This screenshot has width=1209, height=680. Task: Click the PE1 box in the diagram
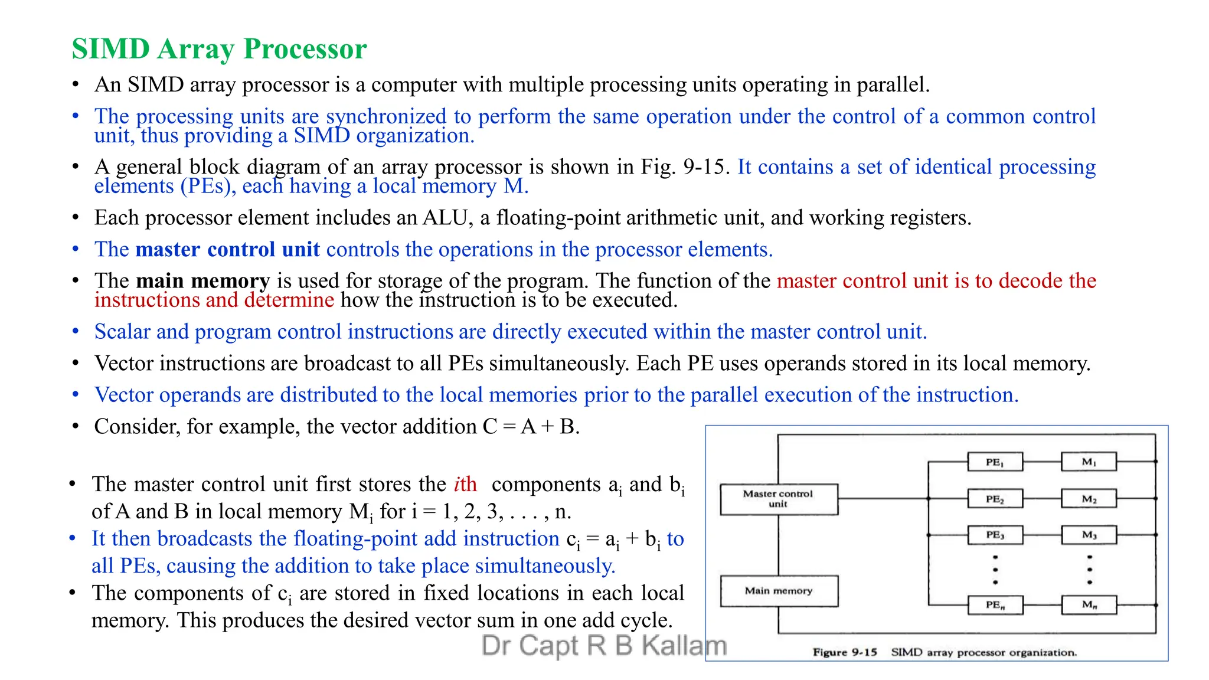click(x=995, y=462)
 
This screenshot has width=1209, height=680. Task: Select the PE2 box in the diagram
click(x=995, y=499)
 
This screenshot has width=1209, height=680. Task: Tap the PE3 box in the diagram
click(x=995, y=535)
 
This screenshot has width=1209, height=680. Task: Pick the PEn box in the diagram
click(x=995, y=605)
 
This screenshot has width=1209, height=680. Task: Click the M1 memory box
click(x=1089, y=462)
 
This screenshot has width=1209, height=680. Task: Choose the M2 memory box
click(x=1089, y=499)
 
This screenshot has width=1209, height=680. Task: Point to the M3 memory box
click(x=1089, y=535)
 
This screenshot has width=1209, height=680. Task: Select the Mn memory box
click(x=1089, y=605)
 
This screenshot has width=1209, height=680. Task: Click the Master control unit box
click(x=778, y=499)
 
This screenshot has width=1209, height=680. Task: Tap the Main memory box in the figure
click(x=778, y=591)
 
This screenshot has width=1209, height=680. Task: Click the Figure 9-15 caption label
click(x=845, y=652)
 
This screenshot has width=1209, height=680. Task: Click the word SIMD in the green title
click(x=110, y=48)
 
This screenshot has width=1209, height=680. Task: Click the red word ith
click(x=465, y=484)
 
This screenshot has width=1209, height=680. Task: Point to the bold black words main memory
click(x=202, y=280)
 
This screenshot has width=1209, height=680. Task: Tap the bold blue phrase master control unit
click(x=227, y=249)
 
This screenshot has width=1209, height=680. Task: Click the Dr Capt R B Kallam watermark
click(x=603, y=645)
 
